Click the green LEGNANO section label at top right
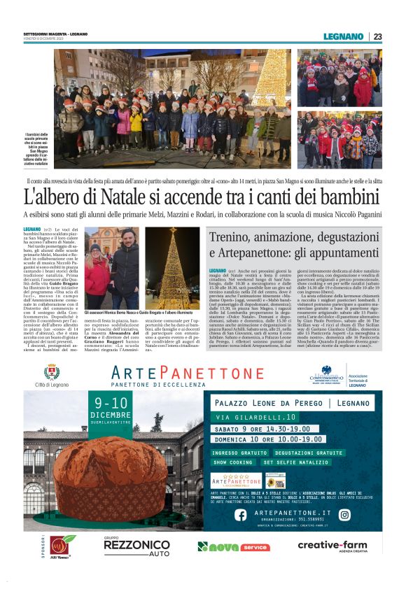344,36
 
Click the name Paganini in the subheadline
363,214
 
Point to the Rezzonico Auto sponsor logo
136,547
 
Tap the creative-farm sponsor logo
332,546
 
